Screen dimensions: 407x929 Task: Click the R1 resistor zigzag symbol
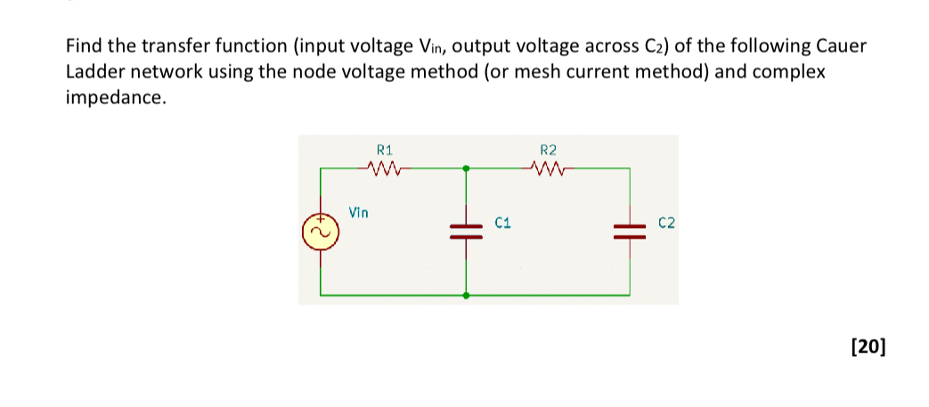point(380,167)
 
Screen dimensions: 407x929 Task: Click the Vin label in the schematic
point(358,213)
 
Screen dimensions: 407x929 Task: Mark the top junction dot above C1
point(465,166)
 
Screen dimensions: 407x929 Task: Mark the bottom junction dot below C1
point(465,295)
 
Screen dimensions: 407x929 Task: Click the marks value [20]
point(868,346)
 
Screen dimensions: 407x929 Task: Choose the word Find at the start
point(84,45)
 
